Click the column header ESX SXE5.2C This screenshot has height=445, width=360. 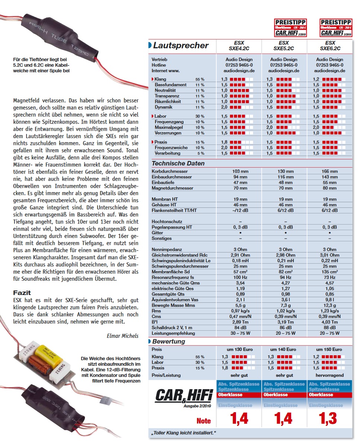[284, 46]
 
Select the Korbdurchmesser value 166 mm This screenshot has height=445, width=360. [329, 171]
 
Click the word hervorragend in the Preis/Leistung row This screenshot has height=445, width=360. [329, 375]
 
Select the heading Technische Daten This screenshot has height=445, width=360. [178, 163]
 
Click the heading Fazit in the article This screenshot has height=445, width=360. [22, 293]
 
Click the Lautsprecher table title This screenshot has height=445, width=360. [181, 46]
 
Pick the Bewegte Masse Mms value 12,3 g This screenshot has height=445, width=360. [329, 305]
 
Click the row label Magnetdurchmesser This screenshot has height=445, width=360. [172, 188]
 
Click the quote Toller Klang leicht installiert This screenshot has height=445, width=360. [184, 433]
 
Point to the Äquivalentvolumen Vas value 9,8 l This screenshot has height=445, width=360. [329, 300]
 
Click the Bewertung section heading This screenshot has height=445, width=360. [168, 341]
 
